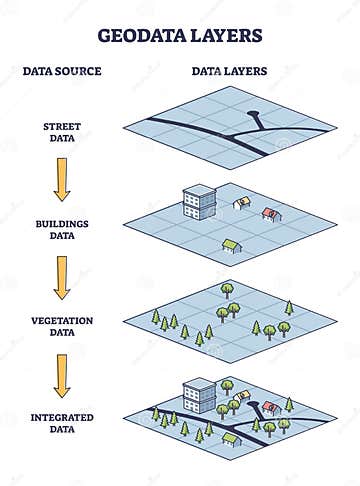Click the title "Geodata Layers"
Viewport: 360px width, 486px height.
[x=180, y=35]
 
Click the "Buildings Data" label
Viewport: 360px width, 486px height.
[x=62, y=228]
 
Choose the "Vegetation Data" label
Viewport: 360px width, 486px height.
[x=62, y=325]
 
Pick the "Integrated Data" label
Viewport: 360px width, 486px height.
[x=62, y=422]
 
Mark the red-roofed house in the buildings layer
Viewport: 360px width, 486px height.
[x=270, y=211]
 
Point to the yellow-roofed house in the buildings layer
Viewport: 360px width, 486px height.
[x=240, y=202]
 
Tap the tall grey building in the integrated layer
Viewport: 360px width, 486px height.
[x=194, y=392]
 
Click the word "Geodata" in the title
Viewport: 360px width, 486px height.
[x=139, y=35]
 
